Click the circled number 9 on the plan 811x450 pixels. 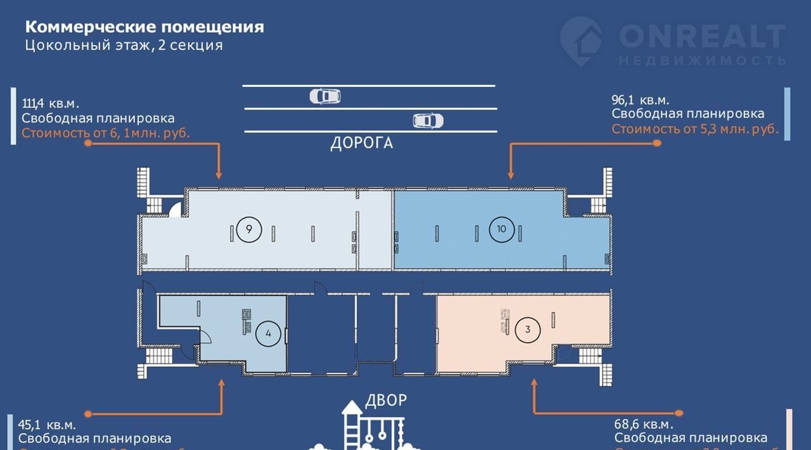coord(250,229)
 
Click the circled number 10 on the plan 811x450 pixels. coord(502,229)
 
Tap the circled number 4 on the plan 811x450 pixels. coord(269,334)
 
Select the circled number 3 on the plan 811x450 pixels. coord(528,329)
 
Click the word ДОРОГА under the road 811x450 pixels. coord(361,143)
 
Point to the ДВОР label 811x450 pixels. coord(386,400)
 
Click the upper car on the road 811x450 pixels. coord(325,96)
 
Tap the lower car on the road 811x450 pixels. coord(428,120)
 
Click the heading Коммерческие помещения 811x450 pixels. coord(144,27)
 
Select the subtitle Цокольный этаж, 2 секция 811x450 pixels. coord(124,46)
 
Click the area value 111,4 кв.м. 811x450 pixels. coord(51,103)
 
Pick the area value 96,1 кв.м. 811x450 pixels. coord(641,100)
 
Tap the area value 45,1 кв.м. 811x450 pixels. coord(47,425)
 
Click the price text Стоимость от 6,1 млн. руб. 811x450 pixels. coord(106,133)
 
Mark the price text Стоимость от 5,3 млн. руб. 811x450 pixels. coord(694,129)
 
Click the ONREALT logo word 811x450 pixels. coord(701,36)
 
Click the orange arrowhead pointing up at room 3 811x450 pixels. coord(534,384)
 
